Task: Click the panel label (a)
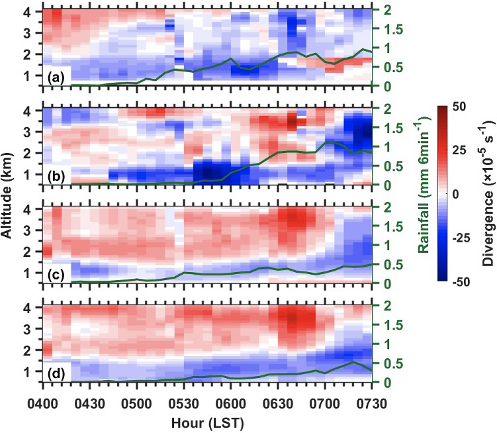[56, 77]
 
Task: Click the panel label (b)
[56, 175]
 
